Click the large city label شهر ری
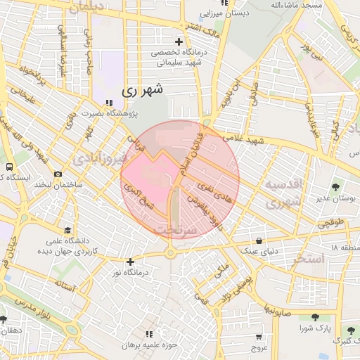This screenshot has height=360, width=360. [x=142, y=90]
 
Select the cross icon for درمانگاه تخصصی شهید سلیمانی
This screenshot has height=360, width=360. [x=179, y=41]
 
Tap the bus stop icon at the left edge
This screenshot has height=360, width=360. [x=9, y=167]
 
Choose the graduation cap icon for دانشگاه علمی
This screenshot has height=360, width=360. [x=67, y=230]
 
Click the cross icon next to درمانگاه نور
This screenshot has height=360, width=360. [x=130, y=262]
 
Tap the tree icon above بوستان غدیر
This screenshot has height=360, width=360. [x=335, y=187]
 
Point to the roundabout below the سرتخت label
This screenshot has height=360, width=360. [x=170, y=252]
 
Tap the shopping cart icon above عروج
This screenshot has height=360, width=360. [x=259, y=336]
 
